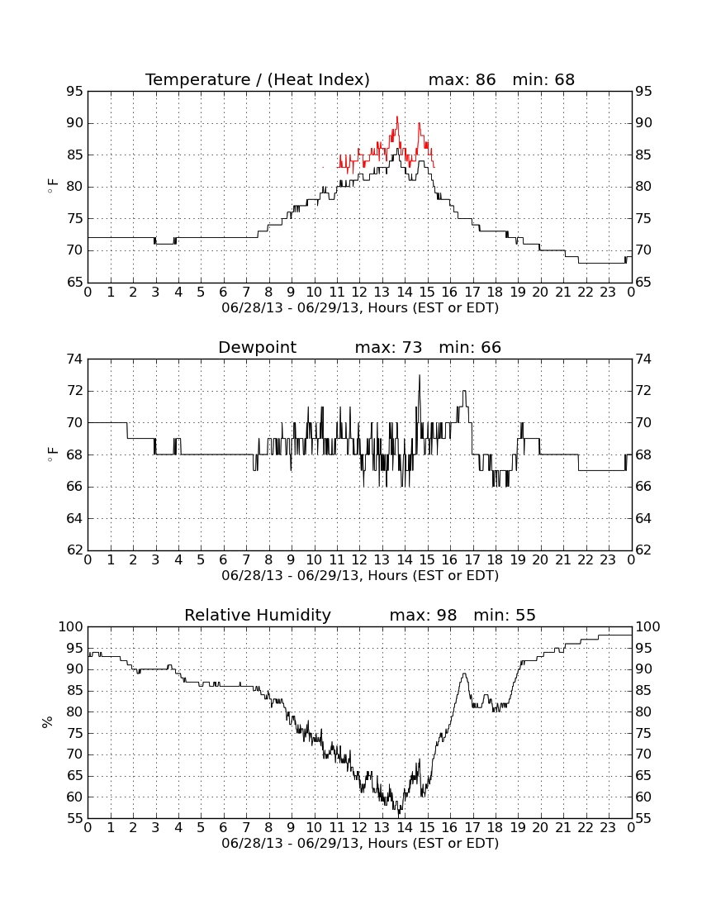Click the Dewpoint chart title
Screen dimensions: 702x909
[257, 348]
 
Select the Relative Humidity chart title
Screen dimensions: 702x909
[258, 615]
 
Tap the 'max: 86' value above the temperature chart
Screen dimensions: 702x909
[462, 79]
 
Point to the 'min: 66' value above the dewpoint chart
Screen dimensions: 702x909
[470, 348]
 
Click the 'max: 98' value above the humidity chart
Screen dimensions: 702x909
[423, 615]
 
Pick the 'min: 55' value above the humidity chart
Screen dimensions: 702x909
[505, 615]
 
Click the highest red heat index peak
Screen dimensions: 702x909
[397, 117]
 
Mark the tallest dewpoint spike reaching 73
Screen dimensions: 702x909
[420, 375]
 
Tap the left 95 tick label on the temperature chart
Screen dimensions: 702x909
[75, 92]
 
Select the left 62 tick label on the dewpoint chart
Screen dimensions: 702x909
[75, 550]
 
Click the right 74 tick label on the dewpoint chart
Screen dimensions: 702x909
[643, 359]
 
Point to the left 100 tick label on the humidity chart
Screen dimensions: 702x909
[71, 626]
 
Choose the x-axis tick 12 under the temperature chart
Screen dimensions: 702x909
[359, 293]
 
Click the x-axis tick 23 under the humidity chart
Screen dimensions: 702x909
[608, 828]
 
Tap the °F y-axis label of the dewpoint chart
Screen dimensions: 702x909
[51, 454]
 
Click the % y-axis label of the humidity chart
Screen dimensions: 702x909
[48, 721]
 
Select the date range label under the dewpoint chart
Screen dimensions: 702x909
[360, 576]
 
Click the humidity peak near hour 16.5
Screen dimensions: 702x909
[464, 673]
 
